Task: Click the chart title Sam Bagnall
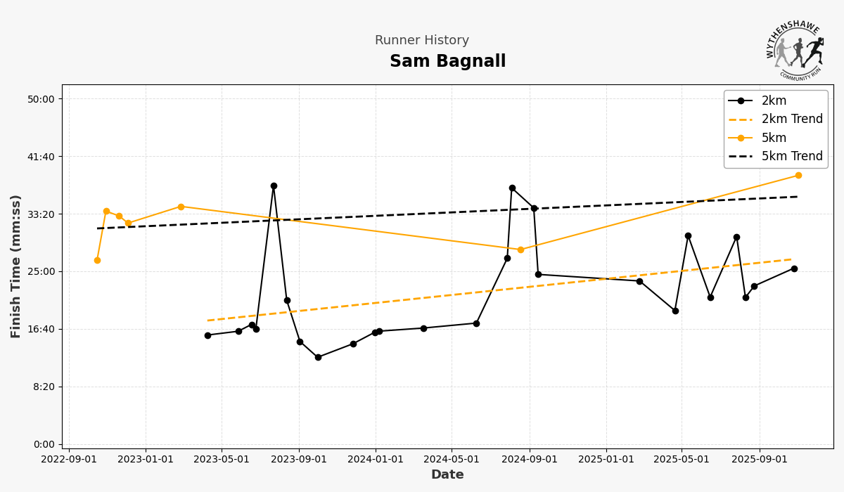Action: tap(447, 62)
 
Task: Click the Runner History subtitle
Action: tap(421, 41)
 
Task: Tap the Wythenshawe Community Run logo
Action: tap(794, 50)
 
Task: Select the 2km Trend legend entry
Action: tap(791, 119)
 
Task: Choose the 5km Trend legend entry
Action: tap(791, 157)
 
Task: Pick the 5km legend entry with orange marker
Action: tap(774, 138)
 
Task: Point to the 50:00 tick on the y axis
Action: tap(40, 99)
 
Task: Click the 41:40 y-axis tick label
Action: tap(40, 157)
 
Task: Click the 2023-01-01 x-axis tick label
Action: tap(146, 460)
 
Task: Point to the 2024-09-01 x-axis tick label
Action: tap(530, 460)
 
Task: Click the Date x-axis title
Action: tap(447, 475)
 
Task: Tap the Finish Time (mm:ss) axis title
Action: tap(16, 266)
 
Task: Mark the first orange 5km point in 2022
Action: tap(97, 260)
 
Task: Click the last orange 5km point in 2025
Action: tap(798, 175)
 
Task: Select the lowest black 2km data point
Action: tap(318, 357)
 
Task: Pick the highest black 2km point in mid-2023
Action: tap(274, 186)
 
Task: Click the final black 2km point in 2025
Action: tap(794, 268)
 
